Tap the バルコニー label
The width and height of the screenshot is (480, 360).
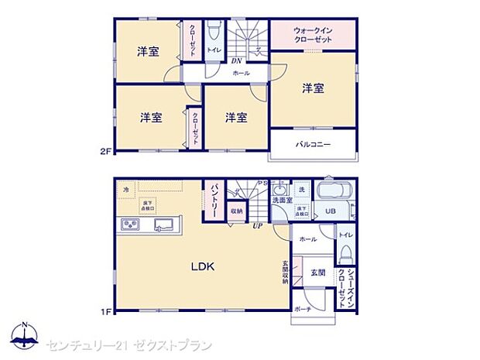[x=312, y=144]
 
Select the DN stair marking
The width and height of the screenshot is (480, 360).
[x=238, y=61]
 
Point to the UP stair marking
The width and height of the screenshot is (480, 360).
[x=255, y=226]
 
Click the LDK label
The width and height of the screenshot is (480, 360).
[x=203, y=266]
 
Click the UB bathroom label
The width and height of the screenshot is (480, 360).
[x=330, y=211]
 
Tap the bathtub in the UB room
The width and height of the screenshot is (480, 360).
[x=335, y=191]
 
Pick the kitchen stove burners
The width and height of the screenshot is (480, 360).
[x=129, y=225]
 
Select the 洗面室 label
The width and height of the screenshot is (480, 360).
[x=281, y=200]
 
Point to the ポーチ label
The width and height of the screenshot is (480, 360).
[x=302, y=308]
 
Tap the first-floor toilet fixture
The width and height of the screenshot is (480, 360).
[x=346, y=250]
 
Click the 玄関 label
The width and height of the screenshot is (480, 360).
[x=317, y=272]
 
